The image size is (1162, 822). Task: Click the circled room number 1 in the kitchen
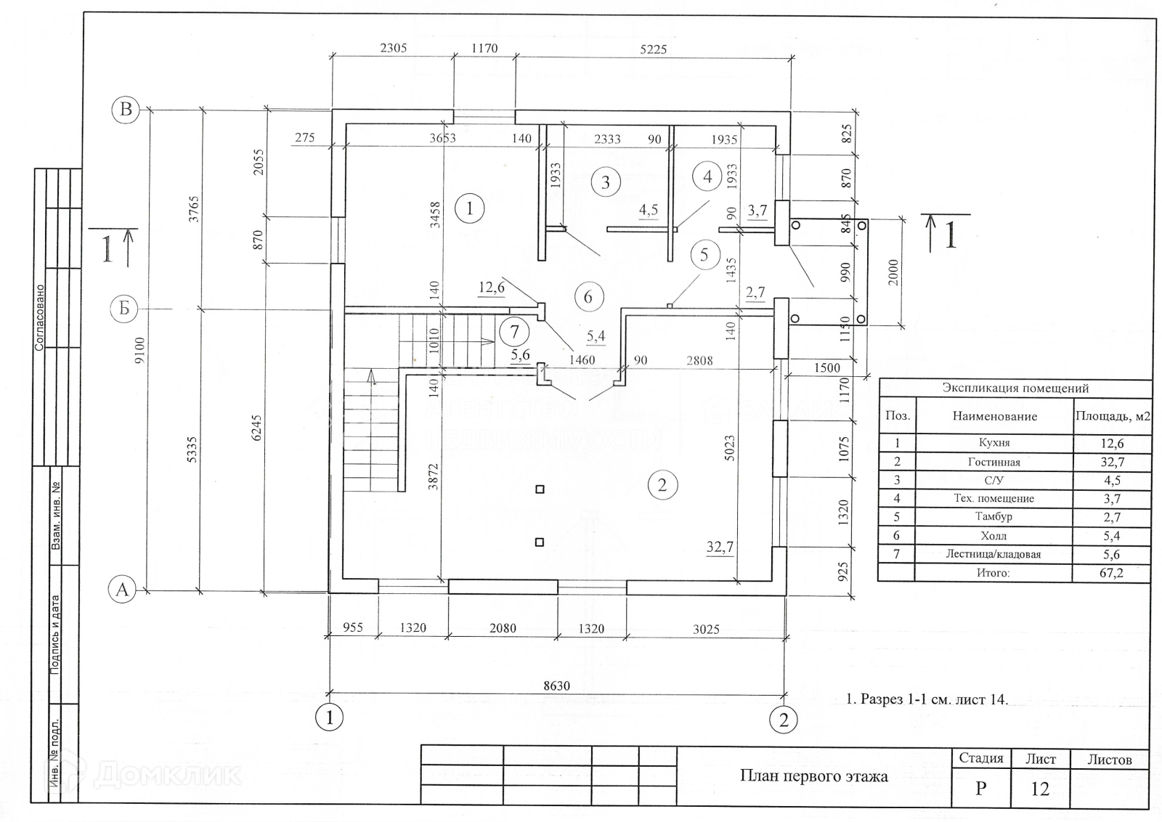(x=470, y=209)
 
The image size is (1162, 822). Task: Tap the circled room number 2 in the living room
(x=662, y=484)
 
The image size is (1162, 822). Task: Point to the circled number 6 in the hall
(x=588, y=296)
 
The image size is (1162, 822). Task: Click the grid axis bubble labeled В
(x=126, y=110)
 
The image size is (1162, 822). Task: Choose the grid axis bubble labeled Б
(x=124, y=309)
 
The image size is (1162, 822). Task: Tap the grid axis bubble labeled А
(x=122, y=590)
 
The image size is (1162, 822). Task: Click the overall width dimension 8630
(x=556, y=685)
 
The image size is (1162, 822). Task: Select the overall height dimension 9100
(x=140, y=350)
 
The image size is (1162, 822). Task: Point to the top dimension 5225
(x=653, y=49)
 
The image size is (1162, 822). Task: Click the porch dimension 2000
(x=894, y=272)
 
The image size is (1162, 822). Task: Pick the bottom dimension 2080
(x=503, y=628)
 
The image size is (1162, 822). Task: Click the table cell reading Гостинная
(x=994, y=462)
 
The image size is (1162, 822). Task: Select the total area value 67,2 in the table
(x=1111, y=573)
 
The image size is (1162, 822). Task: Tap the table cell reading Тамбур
(x=994, y=517)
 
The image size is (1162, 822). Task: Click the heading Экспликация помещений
(x=1015, y=388)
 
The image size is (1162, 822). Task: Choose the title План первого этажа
(x=813, y=776)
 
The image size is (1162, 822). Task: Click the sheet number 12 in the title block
(x=1040, y=789)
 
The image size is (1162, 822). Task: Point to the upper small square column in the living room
(x=540, y=489)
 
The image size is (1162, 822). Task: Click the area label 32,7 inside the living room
(x=720, y=547)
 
